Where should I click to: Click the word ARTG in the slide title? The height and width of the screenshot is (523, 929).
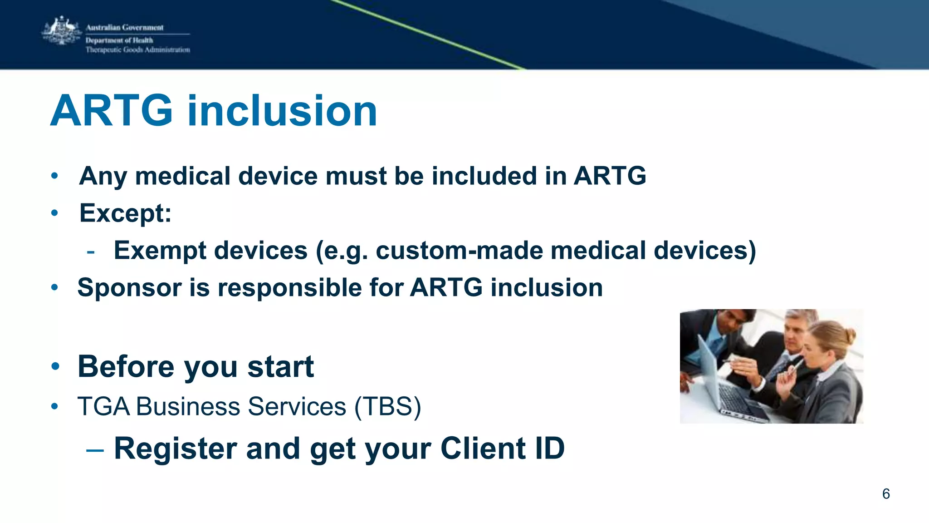tap(112, 111)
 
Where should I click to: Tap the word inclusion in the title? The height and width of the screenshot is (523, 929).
tap(282, 111)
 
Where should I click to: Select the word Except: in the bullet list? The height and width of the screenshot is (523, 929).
tap(125, 213)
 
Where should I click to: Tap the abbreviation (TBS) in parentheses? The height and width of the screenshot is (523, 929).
tap(388, 406)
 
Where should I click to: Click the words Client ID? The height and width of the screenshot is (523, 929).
tap(503, 449)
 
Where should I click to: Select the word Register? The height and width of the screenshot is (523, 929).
tap(175, 449)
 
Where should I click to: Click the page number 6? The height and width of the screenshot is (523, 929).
tap(886, 494)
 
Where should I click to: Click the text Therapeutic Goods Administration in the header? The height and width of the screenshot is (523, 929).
tap(138, 50)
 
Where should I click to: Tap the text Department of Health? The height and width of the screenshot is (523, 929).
tap(119, 40)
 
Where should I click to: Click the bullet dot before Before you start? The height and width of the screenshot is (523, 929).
tap(55, 367)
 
